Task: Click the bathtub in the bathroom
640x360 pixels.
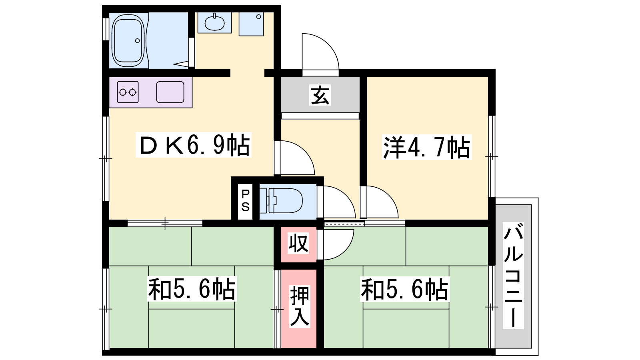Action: point(128,40)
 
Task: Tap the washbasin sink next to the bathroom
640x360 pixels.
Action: point(214,23)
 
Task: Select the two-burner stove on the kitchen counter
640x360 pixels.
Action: point(128,92)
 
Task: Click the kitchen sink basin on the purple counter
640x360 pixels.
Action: point(170,92)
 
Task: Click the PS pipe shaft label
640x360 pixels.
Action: point(246,200)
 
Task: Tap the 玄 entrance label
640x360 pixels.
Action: point(320,95)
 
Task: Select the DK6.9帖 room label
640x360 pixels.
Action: point(194,144)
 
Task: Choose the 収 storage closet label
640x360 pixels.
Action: point(298,243)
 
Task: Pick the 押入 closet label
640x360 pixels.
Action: point(300,306)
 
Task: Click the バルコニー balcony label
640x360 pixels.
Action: point(514,276)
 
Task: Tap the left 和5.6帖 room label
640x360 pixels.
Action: point(192,288)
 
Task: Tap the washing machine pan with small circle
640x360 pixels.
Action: point(251,24)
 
